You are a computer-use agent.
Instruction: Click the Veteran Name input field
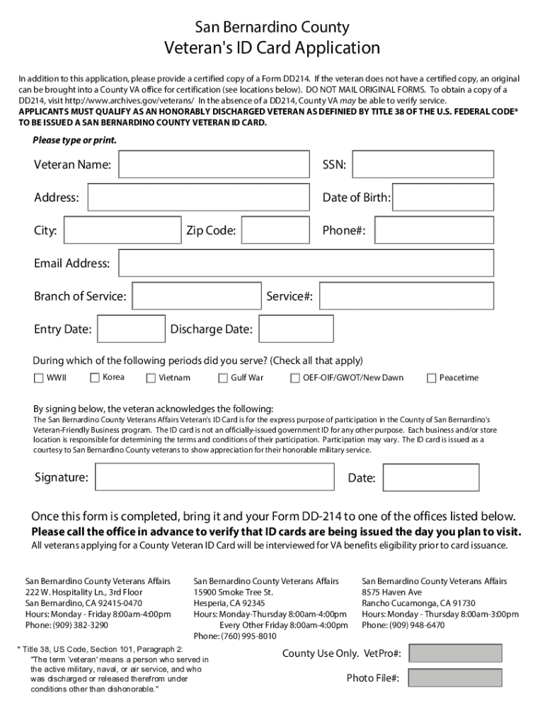(x=214, y=165)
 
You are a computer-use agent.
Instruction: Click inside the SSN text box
(x=423, y=165)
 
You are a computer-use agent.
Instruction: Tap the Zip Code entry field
(x=275, y=230)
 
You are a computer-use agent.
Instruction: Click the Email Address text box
(x=306, y=264)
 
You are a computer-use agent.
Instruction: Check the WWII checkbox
(x=38, y=378)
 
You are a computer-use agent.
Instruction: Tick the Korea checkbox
(x=95, y=378)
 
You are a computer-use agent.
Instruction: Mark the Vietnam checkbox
(x=151, y=378)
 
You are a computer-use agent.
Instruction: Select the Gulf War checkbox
(x=223, y=378)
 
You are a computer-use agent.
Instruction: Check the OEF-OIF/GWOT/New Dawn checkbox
(x=295, y=378)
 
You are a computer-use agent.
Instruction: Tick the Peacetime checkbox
(x=432, y=378)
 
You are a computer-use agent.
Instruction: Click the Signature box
(x=214, y=477)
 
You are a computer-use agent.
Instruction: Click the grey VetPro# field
(x=455, y=653)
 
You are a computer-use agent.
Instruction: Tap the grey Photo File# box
(x=455, y=679)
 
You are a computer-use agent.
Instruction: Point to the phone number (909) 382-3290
(x=67, y=625)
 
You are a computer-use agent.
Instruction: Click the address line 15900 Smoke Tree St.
(x=234, y=592)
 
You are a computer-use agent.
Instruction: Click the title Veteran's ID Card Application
(x=272, y=48)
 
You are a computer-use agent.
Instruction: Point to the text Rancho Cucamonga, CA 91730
(x=418, y=603)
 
